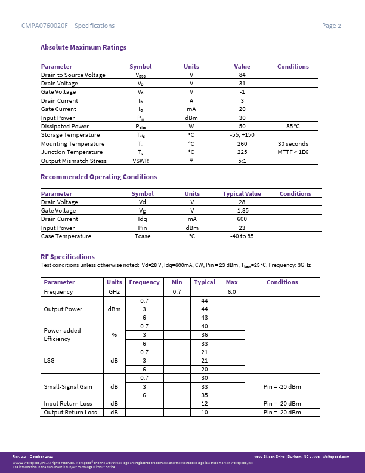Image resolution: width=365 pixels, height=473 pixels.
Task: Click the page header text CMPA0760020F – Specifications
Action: pyautogui.click(x=67, y=26)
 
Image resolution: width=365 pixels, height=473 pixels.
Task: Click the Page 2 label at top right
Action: pyautogui.click(x=331, y=26)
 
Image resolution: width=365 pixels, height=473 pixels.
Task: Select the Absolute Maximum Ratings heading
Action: pyautogui.click(x=83, y=47)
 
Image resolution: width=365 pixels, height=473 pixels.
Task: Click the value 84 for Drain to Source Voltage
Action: pyautogui.click(x=242, y=75)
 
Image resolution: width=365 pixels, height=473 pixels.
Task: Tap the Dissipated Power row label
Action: pyautogui.click(x=64, y=127)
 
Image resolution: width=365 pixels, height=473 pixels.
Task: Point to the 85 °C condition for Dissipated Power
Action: pyautogui.click(x=293, y=127)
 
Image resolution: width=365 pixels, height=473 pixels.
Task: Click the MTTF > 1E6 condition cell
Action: pyautogui.click(x=293, y=152)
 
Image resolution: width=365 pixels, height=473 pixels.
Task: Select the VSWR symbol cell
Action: pyautogui.click(x=141, y=161)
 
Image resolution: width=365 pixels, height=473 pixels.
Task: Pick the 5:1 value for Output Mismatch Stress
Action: pyautogui.click(x=242, y=161)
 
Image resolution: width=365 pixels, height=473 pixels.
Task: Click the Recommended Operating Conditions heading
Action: pyautogui.click(x=98, y=177)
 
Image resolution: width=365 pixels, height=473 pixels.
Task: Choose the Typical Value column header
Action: pyautogui.click(x=242, y=194)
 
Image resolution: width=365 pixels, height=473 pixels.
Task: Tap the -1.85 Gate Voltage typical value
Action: pyautogui.click(x=242, y=211)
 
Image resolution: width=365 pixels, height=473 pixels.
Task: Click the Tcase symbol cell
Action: pyautogui.click(x=143, y=236)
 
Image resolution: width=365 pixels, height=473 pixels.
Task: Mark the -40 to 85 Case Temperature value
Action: pyautogui.click(x=242, y=236)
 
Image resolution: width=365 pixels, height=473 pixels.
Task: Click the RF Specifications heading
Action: pyautogui.click(x=67, y=257)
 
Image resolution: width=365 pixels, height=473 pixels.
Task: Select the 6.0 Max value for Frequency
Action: pyautogui.click(x=232, y=292)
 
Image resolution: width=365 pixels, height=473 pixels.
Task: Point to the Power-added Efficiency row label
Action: pyautogui.click(x=62, y=334)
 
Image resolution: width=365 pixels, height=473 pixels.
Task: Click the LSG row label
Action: pyautogui.click(x=50, y=361)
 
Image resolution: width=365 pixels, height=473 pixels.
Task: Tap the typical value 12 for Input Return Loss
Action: pyautogui.click(x=205, y=404)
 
